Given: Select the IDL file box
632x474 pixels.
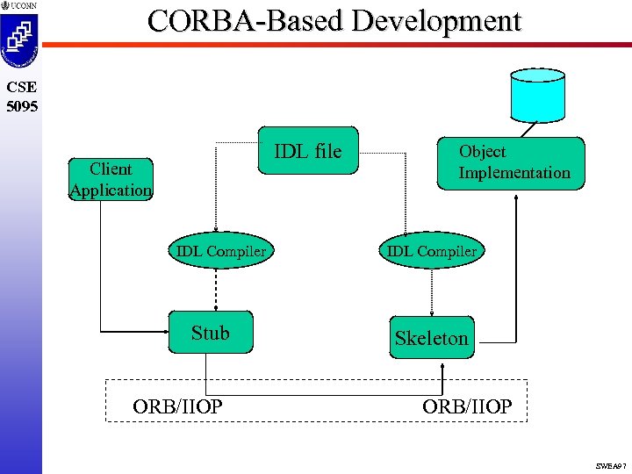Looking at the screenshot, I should coord(307,151).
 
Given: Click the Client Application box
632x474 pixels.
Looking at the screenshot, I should coord(111,180).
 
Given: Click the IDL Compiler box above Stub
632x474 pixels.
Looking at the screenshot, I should coord(220,252).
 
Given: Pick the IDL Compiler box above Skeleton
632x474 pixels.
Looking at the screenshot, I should coord(431,252).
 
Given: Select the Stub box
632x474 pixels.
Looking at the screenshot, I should coord(211,333).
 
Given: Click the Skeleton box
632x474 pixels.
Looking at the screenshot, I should coord(431,338).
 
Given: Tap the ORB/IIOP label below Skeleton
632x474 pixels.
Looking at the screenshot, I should coord(467,406).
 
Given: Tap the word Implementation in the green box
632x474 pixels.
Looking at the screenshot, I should coord(514,173).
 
